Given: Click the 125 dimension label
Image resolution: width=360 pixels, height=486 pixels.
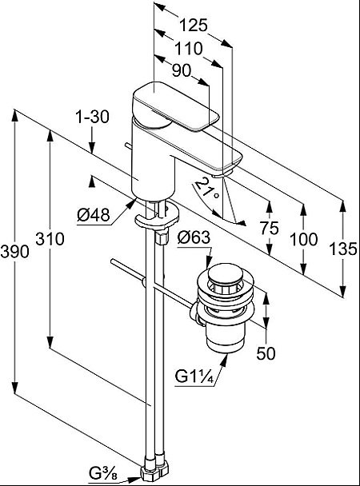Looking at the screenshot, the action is (x=193, y=26).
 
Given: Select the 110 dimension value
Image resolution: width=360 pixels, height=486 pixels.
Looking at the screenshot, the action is (x=189, y=49).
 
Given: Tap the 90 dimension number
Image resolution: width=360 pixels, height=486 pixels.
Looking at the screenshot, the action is (x=182, y=71).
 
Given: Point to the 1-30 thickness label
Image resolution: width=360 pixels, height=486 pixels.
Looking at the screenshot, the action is (x=93, y=118).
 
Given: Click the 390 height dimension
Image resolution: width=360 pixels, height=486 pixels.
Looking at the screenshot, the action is (x=14, y=251).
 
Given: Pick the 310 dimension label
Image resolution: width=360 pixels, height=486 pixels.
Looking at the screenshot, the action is (x=50, y=239).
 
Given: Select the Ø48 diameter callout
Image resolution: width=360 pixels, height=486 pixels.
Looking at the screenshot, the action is (x=94, y=215).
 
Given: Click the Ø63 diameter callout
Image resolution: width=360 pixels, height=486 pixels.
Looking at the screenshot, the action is (x=194, y=237).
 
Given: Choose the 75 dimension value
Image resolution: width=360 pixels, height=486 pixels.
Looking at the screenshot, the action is (x=269, y=228).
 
